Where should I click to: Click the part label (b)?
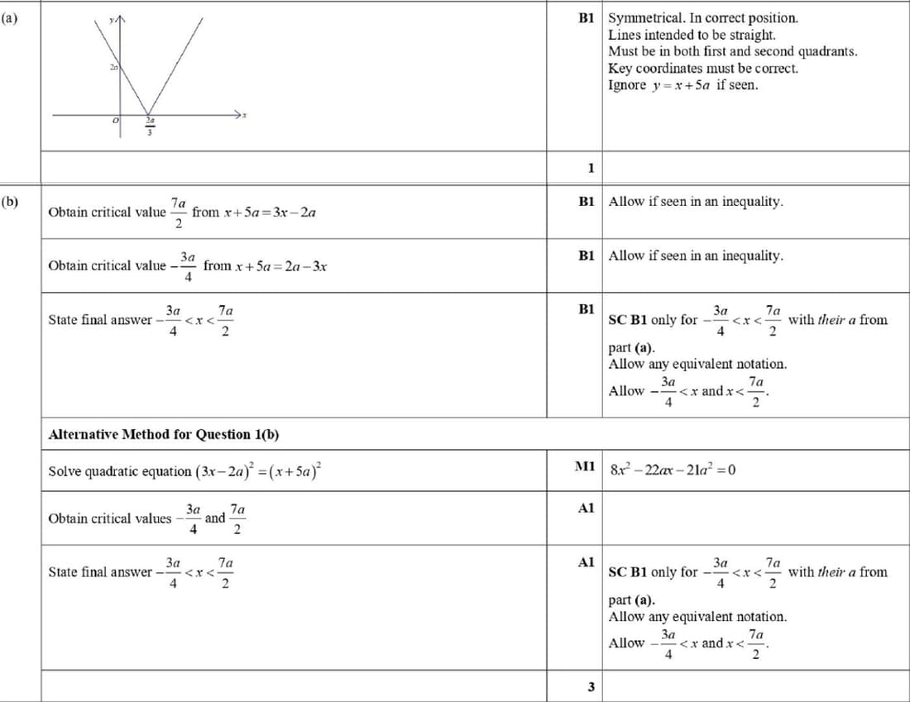[9, 201]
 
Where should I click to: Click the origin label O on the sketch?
[117, 122]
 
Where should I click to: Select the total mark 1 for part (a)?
[590, 168]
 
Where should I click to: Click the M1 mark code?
[585, 466]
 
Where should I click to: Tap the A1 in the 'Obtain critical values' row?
[586, 509]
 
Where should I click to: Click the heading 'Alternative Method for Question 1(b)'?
[168, 434]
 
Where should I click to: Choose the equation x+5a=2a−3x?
[265, 265]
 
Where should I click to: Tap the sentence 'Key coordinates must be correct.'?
[703, 69]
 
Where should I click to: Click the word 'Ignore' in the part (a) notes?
[627, 85]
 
